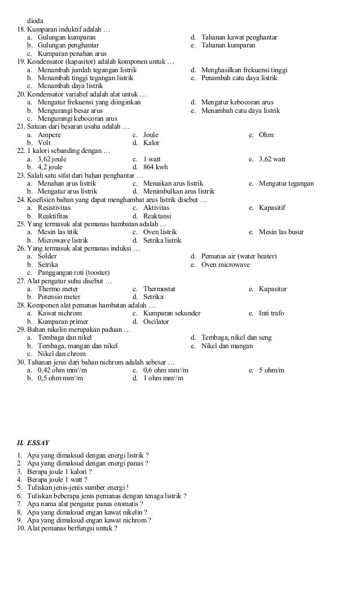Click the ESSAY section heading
pyautogui.click(x=38, y=443)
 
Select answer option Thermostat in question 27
pyautogui.click(x=159, y=289)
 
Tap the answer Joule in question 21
pyautogui.click(x=151, y=135)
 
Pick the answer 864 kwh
pyautogui.click(x=155, y=168)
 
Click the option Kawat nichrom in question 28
pyautogui.click(x=59, y=313)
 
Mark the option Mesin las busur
pyautogui.click(x=281, y=232)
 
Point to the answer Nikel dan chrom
pyautogui.click(x=60, y=354)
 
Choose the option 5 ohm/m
pyautogui.click(x=271, y=370)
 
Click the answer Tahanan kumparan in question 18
pyautogui.click(x=228, y=45)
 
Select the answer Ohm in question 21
pyautogui.click(x=266, y=135)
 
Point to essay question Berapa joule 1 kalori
pyautogui.click(x=59, y=471)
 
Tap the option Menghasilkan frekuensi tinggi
pyautogui.click(x=244, y=70)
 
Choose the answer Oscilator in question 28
pyautogui.click(x=156, y=322)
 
